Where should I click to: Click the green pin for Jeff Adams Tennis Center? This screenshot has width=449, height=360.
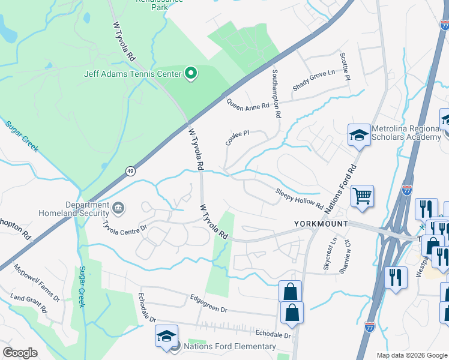[x=191, y=74]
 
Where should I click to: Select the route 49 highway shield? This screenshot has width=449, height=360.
[x=130, y=172]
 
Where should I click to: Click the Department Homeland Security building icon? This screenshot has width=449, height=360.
[x=118, y=208]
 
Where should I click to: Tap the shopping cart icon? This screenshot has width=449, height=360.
[x=362, y=195]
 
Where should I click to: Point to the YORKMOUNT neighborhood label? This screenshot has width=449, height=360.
[x=321, y=224]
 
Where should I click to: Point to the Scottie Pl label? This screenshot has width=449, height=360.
[x=344, y=67]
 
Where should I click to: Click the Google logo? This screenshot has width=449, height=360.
[x=20, y=353]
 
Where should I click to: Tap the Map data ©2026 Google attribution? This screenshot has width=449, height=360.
[x=412, y=355]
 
